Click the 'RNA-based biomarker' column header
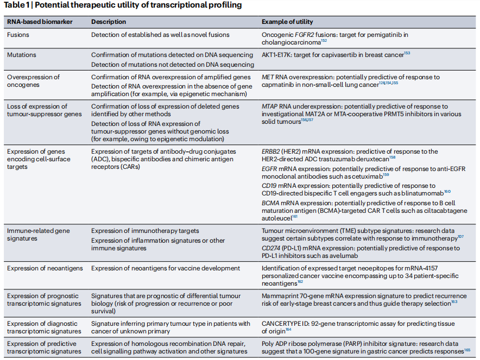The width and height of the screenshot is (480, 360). point(40,22)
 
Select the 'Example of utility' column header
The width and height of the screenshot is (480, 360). point(287,22)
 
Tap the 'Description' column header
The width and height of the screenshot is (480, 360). point(109,22)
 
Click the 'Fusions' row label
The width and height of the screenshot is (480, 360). point(18,35)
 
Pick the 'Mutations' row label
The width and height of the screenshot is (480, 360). point(22,55)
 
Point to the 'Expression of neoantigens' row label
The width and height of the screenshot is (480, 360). point(45,268)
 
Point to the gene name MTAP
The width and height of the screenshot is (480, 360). point(271,107)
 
